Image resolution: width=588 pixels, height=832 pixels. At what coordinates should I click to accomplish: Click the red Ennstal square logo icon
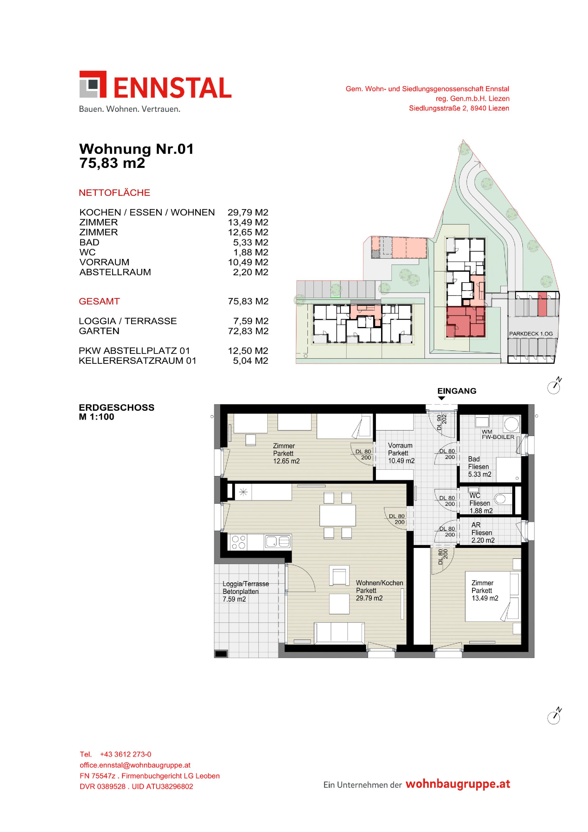[x=93, y=84]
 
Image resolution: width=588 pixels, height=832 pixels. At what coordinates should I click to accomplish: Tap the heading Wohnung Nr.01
[x=136, y=149]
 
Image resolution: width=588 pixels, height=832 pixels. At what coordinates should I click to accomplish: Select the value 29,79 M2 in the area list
[x=248, y=212]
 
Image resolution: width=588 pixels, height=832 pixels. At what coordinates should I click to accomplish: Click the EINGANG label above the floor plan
[x=456, y=391]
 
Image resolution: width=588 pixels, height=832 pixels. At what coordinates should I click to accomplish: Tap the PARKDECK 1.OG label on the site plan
[x=531, y=334]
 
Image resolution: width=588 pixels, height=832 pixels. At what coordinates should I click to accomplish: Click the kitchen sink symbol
[x=278, y=542]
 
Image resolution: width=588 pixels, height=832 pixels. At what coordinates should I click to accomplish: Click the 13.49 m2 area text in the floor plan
[x=485, y=598]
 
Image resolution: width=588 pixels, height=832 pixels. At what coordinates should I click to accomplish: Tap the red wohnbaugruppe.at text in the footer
[x=458, y=784]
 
